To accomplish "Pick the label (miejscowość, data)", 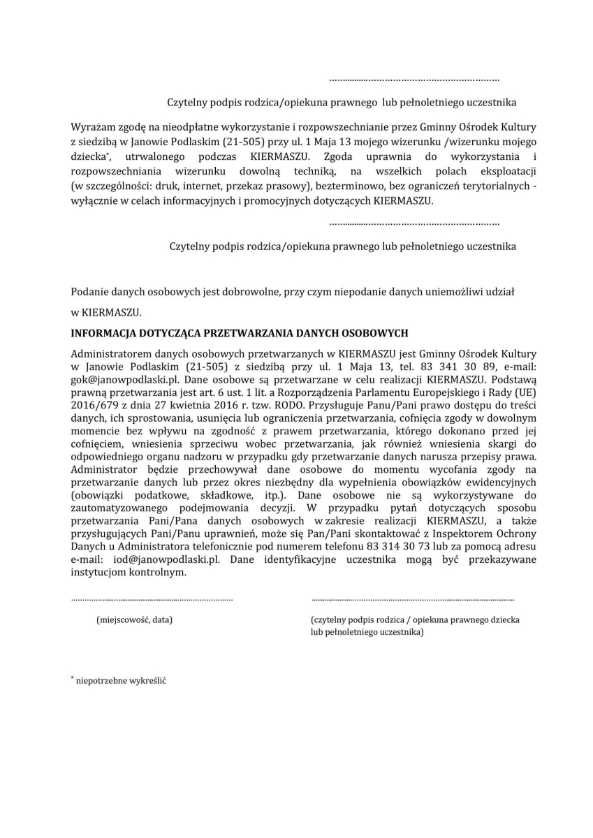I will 134,619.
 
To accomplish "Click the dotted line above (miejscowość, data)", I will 152,599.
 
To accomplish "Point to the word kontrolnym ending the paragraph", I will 162,572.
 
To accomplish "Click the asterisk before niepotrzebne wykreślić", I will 72,678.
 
